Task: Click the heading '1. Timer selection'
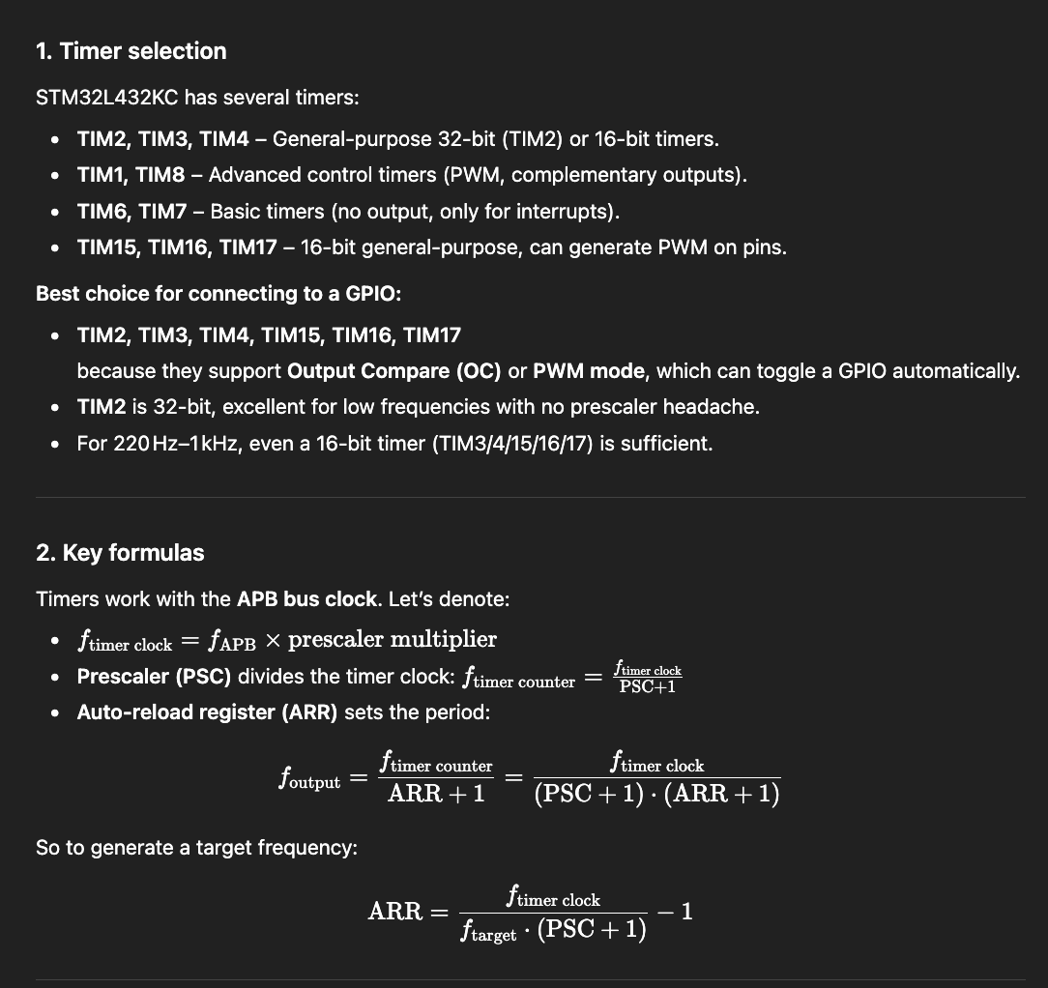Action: coord(131,51)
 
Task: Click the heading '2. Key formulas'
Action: coord(120,553)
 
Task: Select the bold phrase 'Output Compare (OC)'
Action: coord(394,371)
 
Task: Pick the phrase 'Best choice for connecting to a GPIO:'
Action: coord(218,293)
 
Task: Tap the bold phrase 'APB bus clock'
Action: coord(306,599)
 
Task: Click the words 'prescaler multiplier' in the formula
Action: coord(393,640)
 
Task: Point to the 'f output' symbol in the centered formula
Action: coord(309,779)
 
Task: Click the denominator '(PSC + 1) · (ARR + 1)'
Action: coord(656,795)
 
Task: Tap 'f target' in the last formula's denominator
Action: coord(488,932)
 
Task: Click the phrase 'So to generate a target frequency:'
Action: coord(196,848)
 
